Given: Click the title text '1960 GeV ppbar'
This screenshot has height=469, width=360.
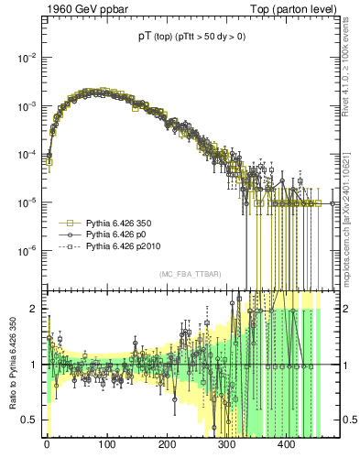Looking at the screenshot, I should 80,10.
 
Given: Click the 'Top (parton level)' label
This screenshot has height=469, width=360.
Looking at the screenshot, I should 299,10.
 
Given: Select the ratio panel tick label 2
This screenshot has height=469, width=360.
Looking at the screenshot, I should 33,309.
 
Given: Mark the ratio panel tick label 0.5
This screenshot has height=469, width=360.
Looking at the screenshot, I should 29,420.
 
